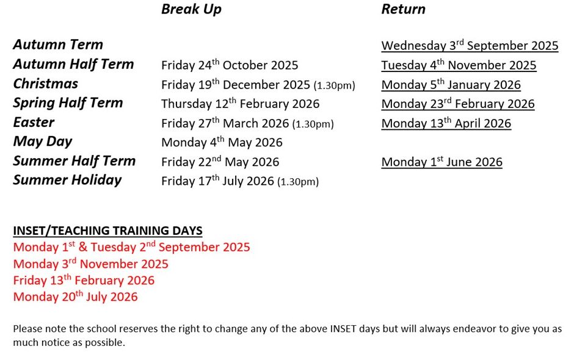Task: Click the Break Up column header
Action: pos(191,9)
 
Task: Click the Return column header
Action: pos(403,9)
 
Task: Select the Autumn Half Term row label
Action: pos(73,64)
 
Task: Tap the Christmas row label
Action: pos(45,84)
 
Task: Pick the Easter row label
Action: pos(34,122)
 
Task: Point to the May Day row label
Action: pos(43,142)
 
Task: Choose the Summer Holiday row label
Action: pos(67,180)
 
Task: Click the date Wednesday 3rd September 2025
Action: pos(470,45)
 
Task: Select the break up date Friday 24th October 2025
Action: pos(230,65)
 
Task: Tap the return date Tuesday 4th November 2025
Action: pos(459,65)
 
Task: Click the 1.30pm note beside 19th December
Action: pos(334,85)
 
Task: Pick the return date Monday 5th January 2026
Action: pos(451,85)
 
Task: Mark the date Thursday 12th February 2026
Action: pos(240,104)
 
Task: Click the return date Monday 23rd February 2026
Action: pos(458,104)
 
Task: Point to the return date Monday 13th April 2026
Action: pos(446,123)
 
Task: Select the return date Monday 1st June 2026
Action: pos(442,162)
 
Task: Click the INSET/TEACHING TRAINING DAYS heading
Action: pos(107,231)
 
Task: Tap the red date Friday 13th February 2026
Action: pos(84,280)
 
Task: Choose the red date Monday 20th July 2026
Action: pos(75,297)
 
